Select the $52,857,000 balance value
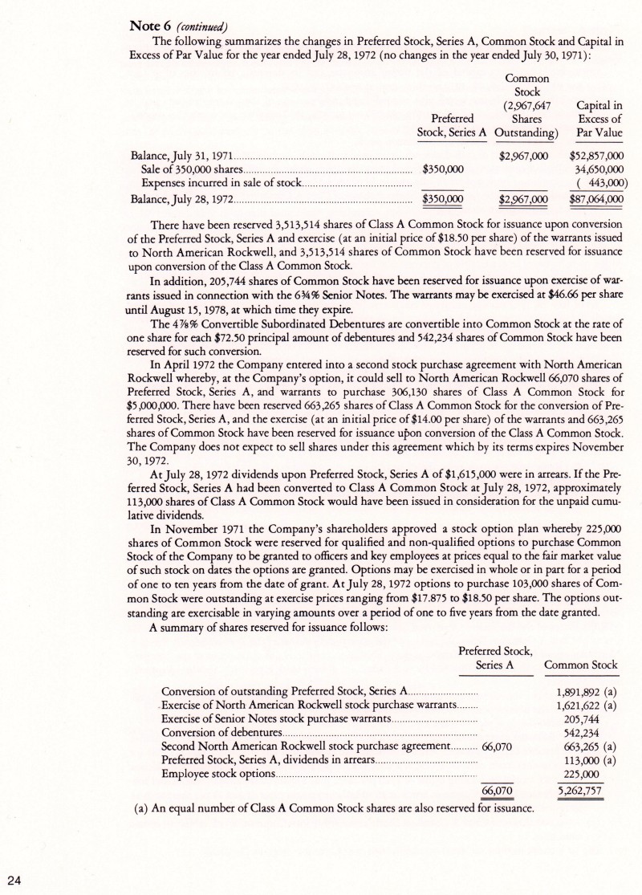[596, 155]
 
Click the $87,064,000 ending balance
[596, 197]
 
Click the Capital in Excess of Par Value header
[596, 118]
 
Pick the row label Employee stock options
[218, 775]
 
